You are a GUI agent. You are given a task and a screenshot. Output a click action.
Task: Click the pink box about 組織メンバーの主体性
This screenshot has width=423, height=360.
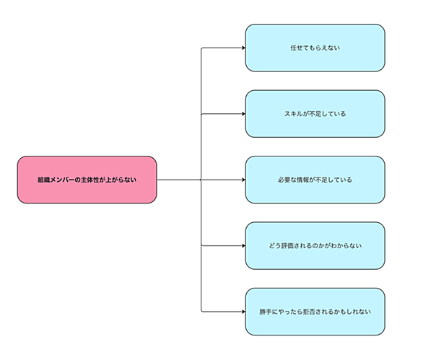point(87,180)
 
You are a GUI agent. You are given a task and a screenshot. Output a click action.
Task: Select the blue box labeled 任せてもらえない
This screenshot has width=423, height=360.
point(315,48)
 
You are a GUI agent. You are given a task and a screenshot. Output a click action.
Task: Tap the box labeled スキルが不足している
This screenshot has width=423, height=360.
point(315,114)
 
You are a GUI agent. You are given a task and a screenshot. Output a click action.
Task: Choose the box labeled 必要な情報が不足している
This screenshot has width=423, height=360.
point(315,180)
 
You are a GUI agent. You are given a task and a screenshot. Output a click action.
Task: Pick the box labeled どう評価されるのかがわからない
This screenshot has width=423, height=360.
point(315,246)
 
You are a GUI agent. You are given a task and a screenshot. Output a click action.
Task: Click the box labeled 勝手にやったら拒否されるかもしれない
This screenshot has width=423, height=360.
point(315,312)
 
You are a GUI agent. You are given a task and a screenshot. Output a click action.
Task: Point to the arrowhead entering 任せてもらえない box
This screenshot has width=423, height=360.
point(244,48)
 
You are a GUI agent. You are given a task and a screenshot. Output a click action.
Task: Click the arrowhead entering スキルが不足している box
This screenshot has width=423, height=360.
point(244,114)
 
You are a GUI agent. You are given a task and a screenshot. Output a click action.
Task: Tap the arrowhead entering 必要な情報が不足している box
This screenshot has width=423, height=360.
point(244,180)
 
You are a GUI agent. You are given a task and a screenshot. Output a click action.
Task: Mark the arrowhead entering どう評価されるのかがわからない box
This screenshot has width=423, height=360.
point(244,246)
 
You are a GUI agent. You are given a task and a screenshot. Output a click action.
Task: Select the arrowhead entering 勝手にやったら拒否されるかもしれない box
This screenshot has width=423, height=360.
point(244,312)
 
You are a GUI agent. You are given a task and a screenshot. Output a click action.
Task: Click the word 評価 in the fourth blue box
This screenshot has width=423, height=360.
point(287,246)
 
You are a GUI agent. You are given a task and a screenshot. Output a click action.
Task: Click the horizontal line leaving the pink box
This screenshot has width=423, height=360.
point(179,180)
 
